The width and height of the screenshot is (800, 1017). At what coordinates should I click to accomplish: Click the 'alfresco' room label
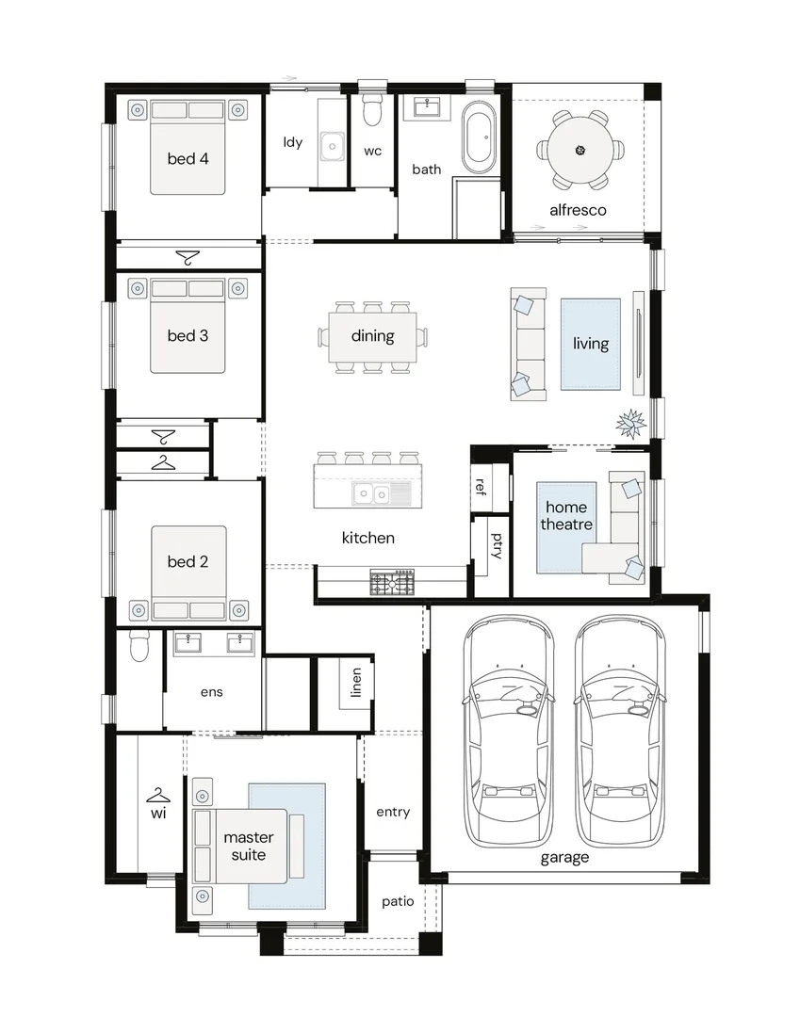(x=578, y=210)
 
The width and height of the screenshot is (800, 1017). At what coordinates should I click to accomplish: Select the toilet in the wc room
(x=372, y=110)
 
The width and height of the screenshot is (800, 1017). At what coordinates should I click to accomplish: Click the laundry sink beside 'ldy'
(x=333, y=147)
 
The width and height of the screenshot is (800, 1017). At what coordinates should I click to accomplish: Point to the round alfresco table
(x=580, y=151)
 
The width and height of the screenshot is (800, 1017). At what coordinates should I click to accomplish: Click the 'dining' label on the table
(x=372, y=336)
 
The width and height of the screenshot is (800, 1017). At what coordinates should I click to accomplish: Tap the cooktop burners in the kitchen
(x=392, y=582)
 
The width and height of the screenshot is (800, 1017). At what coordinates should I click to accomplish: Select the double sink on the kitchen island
(x=372, y=494)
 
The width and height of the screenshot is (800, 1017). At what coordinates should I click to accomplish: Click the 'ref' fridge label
(x=481, y=487)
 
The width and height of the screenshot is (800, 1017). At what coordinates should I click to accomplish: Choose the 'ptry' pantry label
(x=497, y=545)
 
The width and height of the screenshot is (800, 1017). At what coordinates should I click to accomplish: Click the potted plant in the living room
(x=630, y=424)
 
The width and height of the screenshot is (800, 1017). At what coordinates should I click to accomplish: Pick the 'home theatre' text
(x=566, y=516)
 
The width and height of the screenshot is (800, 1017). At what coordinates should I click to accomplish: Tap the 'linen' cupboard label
(x=355, y=683)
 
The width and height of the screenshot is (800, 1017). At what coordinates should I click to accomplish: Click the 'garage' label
(x=564, y=858)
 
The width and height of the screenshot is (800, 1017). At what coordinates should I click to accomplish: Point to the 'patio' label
(x=398, y=901)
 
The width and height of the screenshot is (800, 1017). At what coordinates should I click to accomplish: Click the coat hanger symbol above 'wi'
(x=158, y=795)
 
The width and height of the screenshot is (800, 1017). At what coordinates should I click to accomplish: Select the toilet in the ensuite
(x=139, y=645)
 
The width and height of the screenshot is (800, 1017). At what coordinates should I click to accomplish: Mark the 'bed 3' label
(x=188, y=336)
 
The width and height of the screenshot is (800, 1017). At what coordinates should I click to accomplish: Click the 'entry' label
(x=393, y=812)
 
